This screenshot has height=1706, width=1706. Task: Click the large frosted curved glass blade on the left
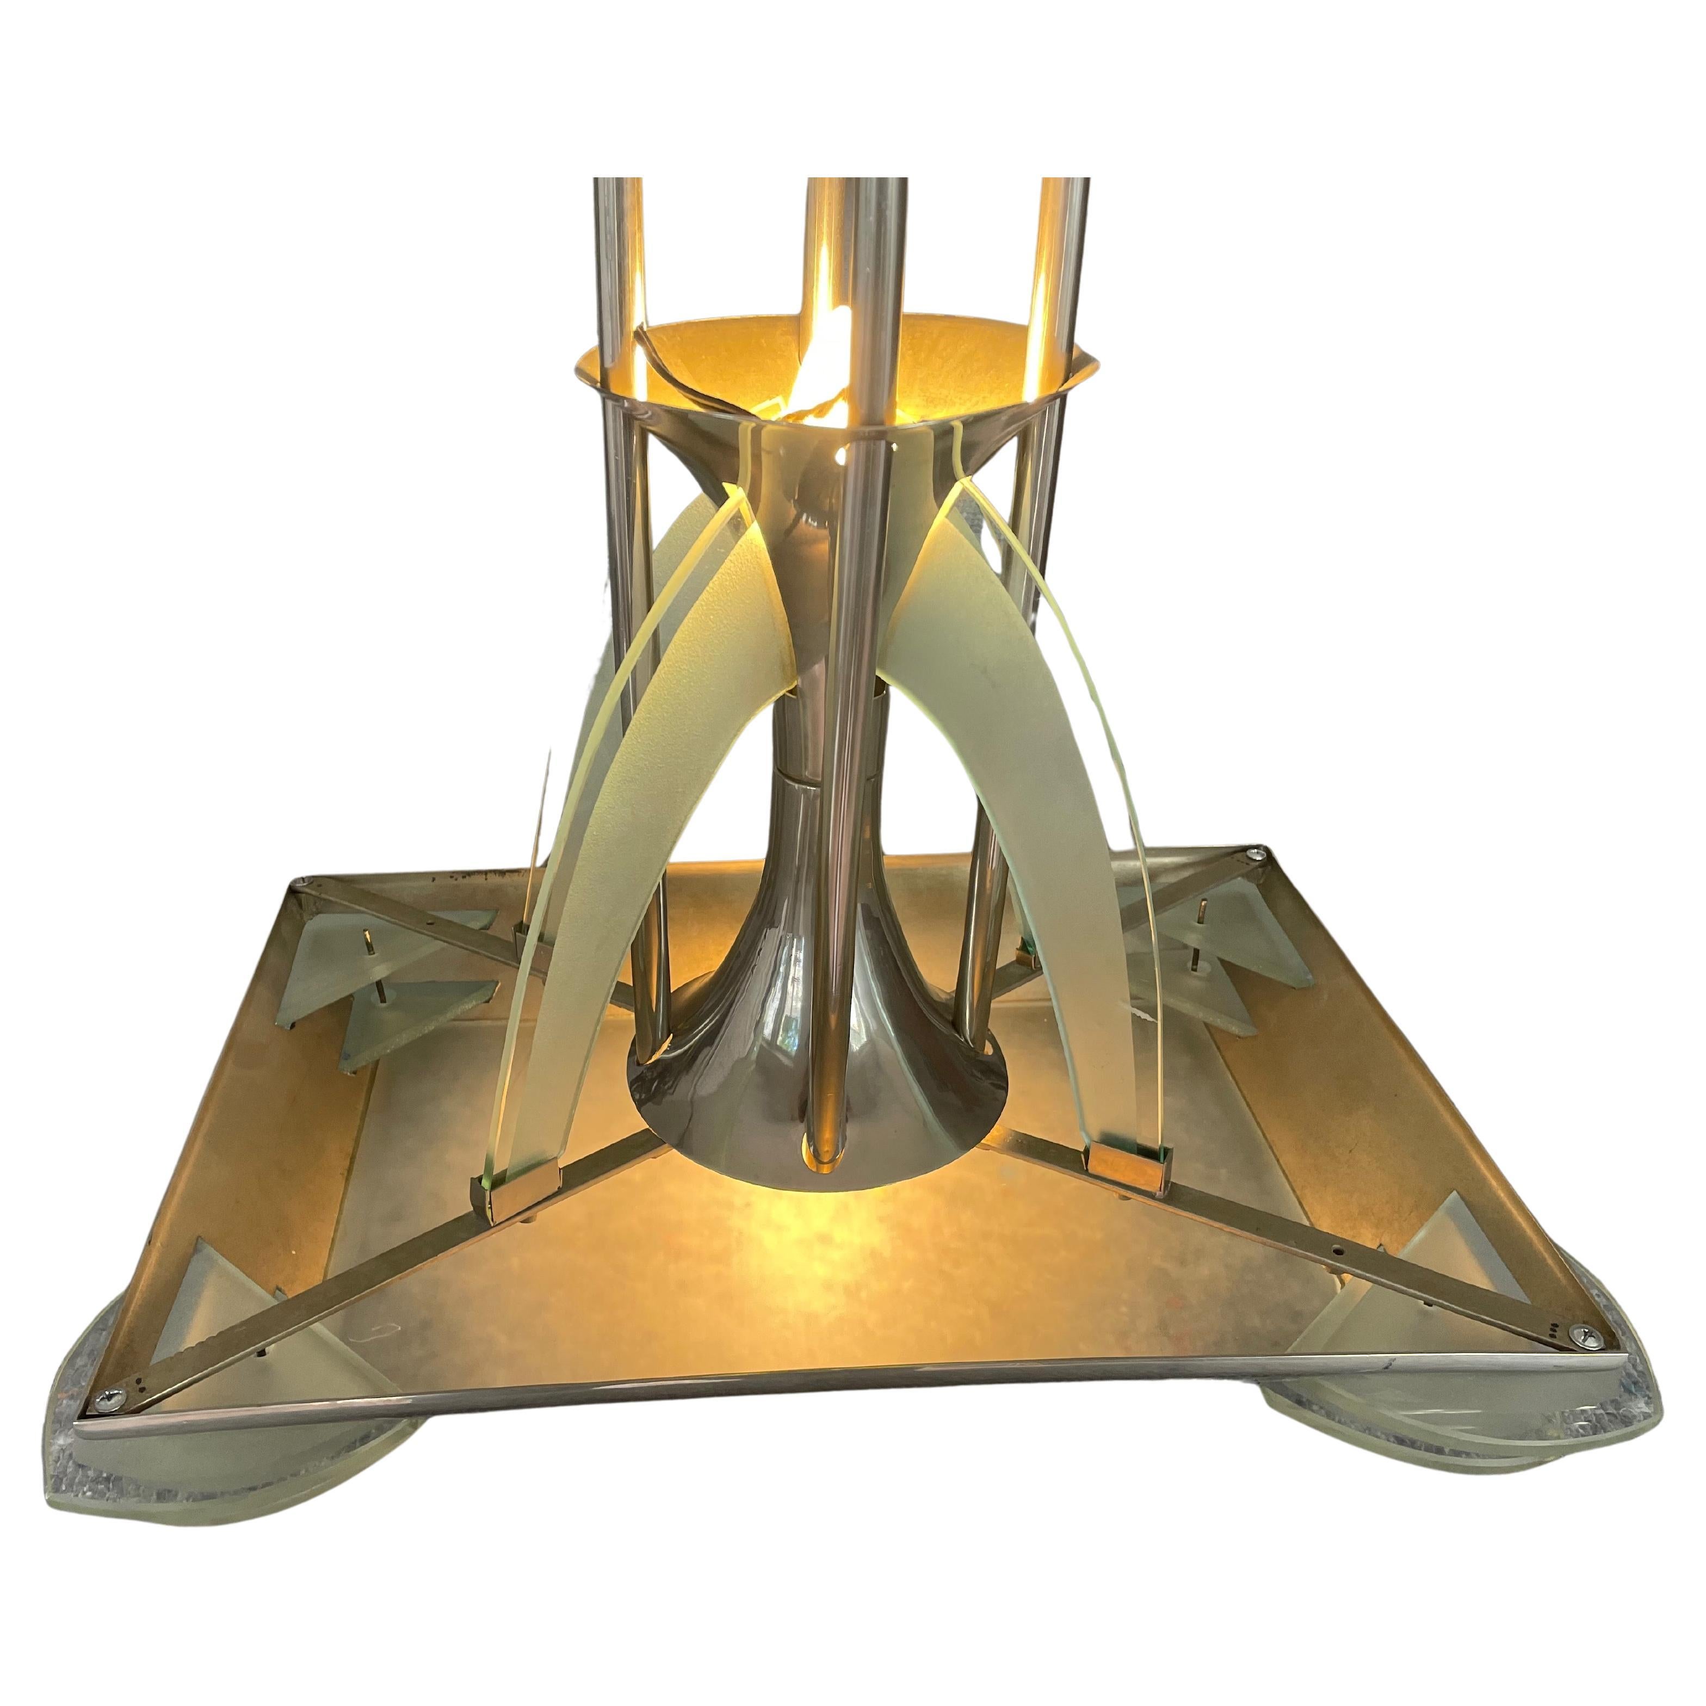[x=609, y=839]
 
